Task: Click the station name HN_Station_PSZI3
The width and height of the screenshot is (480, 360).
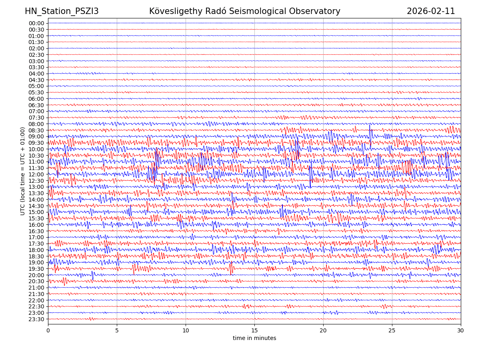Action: tap(62, 11)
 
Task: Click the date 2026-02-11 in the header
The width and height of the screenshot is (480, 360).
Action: tap(431, 11)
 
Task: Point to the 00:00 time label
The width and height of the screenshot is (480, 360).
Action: tap(36, 23)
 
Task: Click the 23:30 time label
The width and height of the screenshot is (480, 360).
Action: tap(36, 319)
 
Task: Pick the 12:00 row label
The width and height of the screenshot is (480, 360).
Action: tap(36, 174)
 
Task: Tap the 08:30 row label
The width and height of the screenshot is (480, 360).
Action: tap(36, 130)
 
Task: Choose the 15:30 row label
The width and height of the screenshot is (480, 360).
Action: tap(36, 218)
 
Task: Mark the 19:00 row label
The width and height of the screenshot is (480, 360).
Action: tap(36, 262)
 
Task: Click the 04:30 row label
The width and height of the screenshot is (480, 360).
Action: tap(36, 80)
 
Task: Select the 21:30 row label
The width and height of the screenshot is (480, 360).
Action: tap(36, 294)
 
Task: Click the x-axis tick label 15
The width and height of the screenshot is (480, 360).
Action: tap(254, 331)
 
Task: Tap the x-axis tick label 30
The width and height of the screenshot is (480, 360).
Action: tap(461, 331)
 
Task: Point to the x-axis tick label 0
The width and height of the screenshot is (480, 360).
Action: tap(48, 331)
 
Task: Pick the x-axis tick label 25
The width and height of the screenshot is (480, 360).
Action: tap(392, 331)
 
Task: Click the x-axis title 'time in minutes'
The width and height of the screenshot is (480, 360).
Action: tap(254, 338)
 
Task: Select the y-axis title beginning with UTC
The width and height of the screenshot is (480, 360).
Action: tap(23, 171)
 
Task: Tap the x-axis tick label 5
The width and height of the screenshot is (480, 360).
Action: tap(117, 331)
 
